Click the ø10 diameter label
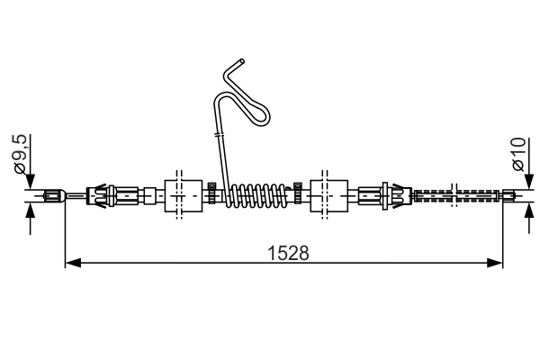click(x=517, y=154)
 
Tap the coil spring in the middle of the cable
click(x=257, y=194)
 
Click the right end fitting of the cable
click(x=509, y=193)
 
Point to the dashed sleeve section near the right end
click(x=459, y=193)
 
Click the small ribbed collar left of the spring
click(x=210, y=193)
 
